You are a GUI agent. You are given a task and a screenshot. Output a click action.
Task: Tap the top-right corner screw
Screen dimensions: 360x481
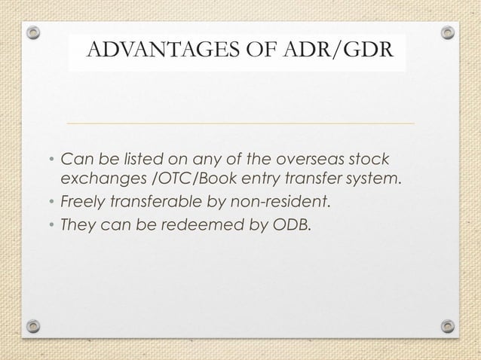click(x=448, y=33)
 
